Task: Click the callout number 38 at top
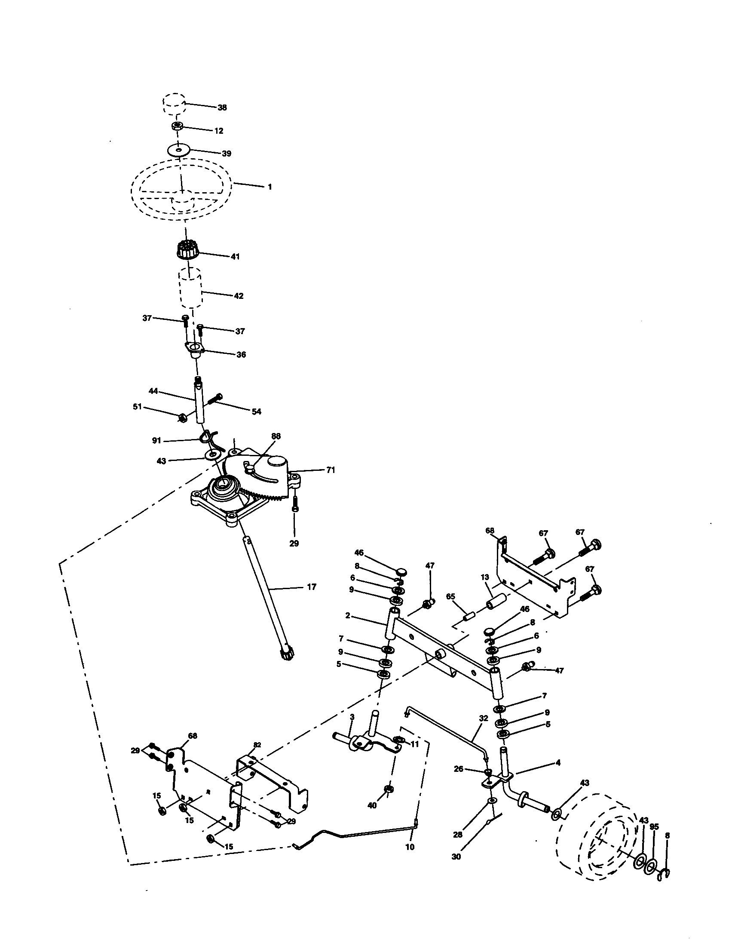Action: (x=222, y=107)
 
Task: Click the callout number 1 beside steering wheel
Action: (x=270, y=187)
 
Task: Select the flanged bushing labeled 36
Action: (x=194, y=349)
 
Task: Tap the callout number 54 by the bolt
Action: (x=256, y=412)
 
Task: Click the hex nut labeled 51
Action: (x=182, y=418)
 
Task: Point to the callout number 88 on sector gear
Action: (x=276, y=436)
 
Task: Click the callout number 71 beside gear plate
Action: (x=330, y=470)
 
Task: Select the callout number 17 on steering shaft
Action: (x=311, y=587)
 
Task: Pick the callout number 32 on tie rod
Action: (x=484, y=718)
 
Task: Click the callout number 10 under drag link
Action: (x=410, y=847)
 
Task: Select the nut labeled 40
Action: (x=388, y=788)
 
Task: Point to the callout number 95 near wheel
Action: (x=654, y=827)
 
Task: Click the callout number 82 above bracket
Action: (x=257, y=745)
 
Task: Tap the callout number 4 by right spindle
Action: (x=558, y=763)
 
